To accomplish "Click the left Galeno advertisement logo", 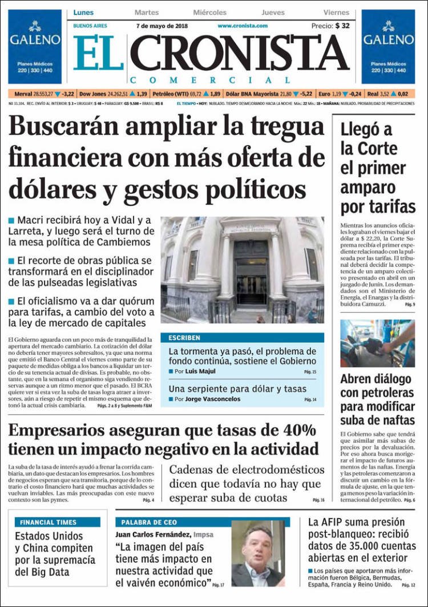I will [x=34, y=35].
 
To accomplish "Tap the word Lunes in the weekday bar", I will [x=84, y=13].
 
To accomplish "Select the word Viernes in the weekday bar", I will [x=336, y=13].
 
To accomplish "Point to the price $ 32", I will [x=342, y=26].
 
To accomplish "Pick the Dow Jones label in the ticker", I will [x=94, y=94].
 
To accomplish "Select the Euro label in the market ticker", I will [x=324, y=94].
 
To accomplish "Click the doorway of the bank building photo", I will [x=251, y=274].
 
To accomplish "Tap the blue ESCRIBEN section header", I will [x=184, y=338].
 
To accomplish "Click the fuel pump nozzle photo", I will [x=377, y=343].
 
